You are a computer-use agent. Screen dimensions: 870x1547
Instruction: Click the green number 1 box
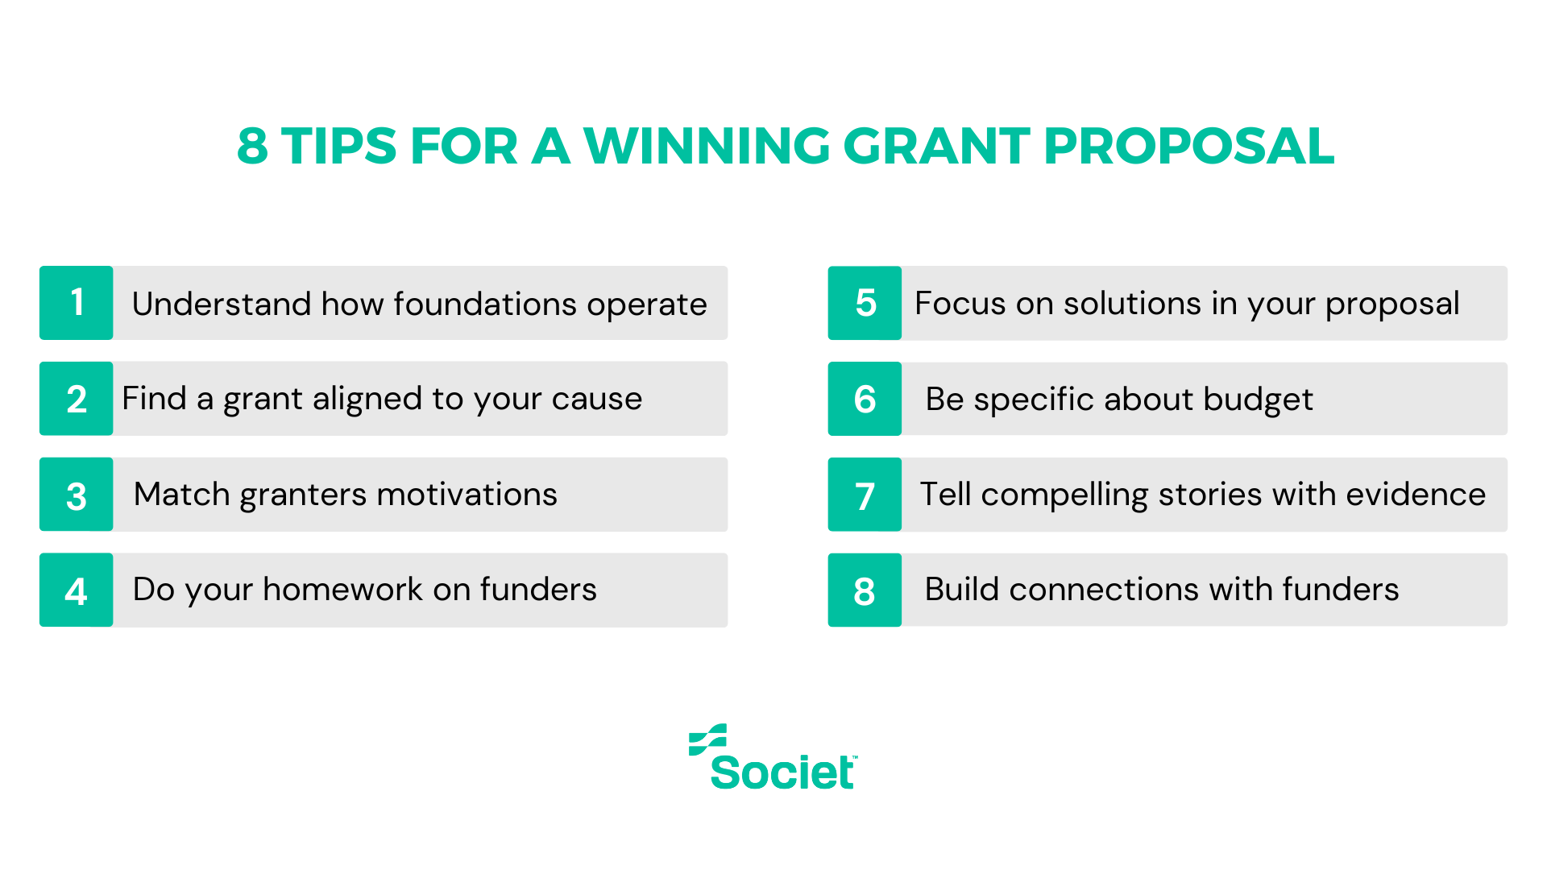[x=77, y=303]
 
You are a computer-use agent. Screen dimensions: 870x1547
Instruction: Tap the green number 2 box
[x=77, y=399]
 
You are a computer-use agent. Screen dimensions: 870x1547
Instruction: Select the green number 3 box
[x=77, y=495]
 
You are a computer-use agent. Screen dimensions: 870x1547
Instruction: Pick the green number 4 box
[x=77, y=590]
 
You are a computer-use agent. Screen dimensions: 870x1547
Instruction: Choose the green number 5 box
[x=865, y=303]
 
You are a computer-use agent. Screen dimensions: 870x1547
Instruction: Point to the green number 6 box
[x=865, y=399]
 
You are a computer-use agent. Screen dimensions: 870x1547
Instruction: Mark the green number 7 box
[x=865, y=495]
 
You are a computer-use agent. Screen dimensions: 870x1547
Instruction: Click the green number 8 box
[x=865, y=590]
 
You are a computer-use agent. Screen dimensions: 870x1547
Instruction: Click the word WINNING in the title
[x=707, y=147]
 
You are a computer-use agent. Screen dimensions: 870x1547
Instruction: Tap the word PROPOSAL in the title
[x=1188, y=147]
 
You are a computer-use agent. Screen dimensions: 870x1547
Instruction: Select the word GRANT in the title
[x=936, y=147]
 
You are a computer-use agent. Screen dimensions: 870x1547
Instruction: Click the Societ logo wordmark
[x=782, y=772]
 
